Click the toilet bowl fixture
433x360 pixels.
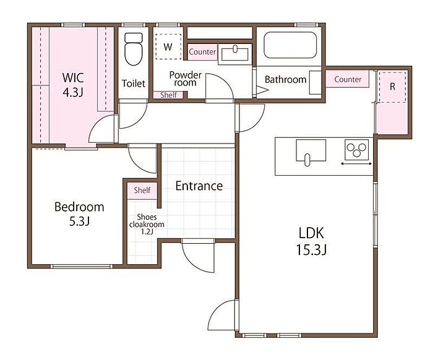[134, 49]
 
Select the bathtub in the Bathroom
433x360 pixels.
[290, 45]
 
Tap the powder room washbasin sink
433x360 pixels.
[235, 54]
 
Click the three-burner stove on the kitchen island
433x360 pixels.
[356, 150]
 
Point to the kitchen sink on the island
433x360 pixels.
[311, 151]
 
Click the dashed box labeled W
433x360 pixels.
[168, 46]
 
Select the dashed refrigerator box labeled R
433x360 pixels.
[392, 87]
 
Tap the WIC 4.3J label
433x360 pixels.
[73, 85]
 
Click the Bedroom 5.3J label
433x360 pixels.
[79, 213]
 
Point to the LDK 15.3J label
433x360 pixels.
[312, 241]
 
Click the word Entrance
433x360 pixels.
[199, 186]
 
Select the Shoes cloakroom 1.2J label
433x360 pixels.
[147, 224]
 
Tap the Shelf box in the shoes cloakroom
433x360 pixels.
[142, 191]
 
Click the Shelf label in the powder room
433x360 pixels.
[168, 95]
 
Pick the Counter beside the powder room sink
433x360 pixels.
[202, 51]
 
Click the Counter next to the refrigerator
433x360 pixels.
[348, 79]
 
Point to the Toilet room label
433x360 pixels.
[134, 84]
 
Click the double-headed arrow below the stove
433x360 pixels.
[356, 164]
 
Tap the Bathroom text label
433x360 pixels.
[286, 80]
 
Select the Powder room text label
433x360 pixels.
[186, 79]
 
